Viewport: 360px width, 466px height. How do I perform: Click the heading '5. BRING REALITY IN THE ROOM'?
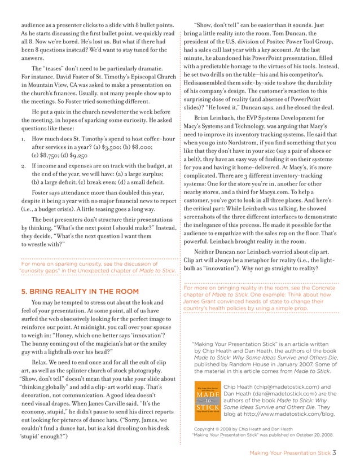(x=80, y=292)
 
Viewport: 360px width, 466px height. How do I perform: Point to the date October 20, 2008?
(x=309, y=435)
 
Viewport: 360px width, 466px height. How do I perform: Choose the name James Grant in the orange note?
(x=203, y=301)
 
